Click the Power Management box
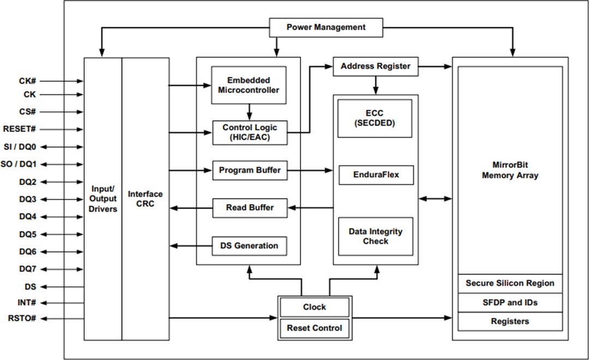pos(326,27)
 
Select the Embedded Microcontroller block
pos(249,85)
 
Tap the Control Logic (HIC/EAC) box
pos(249,133)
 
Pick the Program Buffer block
pos(249,170)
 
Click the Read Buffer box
pos(249,207)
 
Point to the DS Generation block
pos(249,245)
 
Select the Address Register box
pos(375,67)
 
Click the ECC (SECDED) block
pos(375,118)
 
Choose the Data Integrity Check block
pos(375,236)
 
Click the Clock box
pos(314,307)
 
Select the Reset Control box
pos(314,328)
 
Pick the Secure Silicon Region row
pos(510,283)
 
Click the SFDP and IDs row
pos(510,302)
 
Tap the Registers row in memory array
pos(510,321)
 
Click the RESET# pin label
pos(20,129)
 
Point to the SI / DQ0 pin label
pos(20,147)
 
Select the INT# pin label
pos(27,302)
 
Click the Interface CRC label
pos(145,199)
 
